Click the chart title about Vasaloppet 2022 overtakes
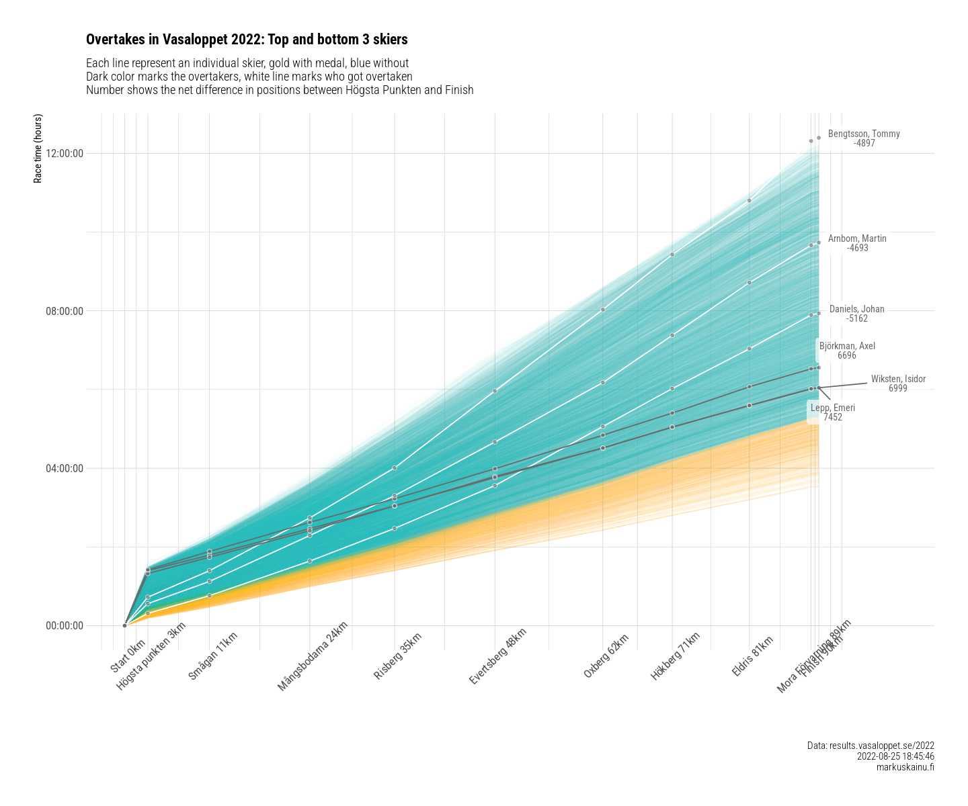pyautogui.click(x=247, y=40)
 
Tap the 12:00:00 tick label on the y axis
pyautogui.click(x=65, y=153)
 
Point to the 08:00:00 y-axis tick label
pyautogui.click(x=65, y=311)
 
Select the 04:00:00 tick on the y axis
pyautogui.click(x=65, y=468)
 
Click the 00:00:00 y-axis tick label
pyautogui.click(x=65, y=626)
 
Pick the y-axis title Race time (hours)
pyautogui.click(x=38, y=148)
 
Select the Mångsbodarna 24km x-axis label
pyautogui.click(x=313, y=656)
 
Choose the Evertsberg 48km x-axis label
pyautogui.click(x=497, y=656)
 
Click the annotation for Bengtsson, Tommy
pyautogui.click(x=864, y=138)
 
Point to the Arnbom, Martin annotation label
pyautogui.click(x=857, y=243)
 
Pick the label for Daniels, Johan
pyautogui.click(x=857, y=314)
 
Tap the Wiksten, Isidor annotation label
pyautogui.click(x=898, y=384)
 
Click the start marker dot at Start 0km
pyautogui.click(x=125, y=625)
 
